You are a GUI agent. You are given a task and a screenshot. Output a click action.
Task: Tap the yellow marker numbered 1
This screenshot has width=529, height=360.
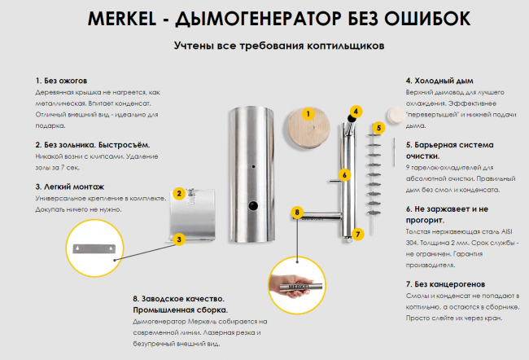click(x=308, y=115)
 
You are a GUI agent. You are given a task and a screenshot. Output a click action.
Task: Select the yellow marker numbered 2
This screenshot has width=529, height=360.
click(x=178, y=193)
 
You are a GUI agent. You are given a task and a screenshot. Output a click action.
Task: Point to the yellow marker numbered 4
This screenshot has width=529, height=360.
click(x=356, y=111)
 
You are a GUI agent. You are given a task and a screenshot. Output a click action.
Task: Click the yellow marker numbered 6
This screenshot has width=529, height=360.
click(x=345, y=174)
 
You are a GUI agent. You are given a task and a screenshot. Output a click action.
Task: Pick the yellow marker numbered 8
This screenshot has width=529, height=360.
click(x=298, y=213)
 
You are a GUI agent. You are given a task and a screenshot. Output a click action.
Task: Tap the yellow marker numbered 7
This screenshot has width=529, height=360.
click(x=356, y=234)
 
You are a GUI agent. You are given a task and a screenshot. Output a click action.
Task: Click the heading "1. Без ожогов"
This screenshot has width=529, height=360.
click(x=61, y=81)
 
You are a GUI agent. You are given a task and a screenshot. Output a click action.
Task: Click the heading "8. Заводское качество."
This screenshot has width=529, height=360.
click(x=178, y=300)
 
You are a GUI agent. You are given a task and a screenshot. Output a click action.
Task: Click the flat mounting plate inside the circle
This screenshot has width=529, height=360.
click(x=97, y=248)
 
